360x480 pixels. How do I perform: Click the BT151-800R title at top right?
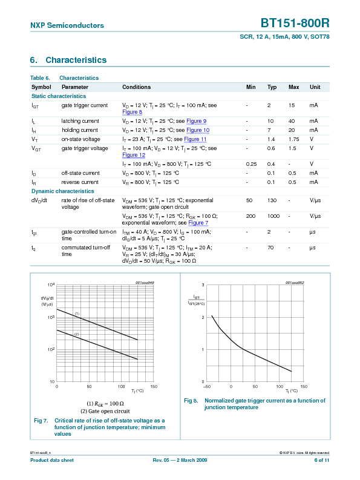[295, 24]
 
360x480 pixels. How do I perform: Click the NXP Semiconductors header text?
[67, 25]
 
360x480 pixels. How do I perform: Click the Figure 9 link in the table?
[196, 121]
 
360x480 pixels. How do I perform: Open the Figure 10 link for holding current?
[198, 130]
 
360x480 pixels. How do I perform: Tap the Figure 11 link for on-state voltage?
[195, 139]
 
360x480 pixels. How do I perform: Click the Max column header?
[293, 87]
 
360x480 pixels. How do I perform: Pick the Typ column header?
[272, 87]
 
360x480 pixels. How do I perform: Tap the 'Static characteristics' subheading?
[59, 96]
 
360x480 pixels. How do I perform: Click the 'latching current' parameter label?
[80, 121]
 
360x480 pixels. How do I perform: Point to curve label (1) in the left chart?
[77, 313]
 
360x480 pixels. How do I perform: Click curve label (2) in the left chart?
[77, 334]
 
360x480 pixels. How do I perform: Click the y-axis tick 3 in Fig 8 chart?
[203, 284]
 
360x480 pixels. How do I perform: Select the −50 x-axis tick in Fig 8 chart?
[207, 386]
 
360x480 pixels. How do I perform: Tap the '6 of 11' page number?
[322, 461]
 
